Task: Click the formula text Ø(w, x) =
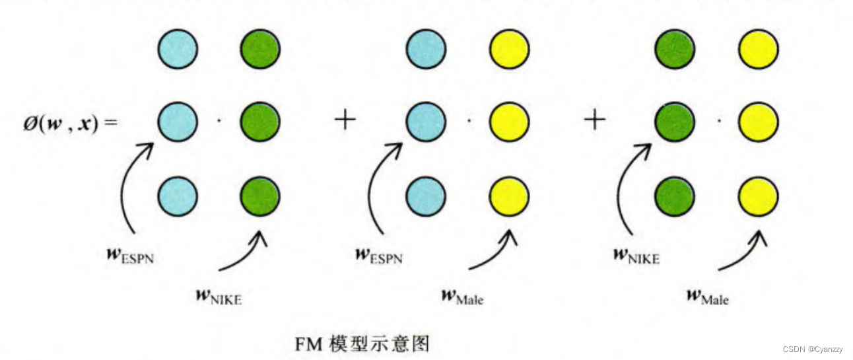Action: tap(70, 124)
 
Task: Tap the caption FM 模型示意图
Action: tap(362, 343)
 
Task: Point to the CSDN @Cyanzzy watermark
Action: tap(813, 348)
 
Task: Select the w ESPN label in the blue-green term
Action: tap(130, 255)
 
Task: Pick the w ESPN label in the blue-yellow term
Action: tap(378, 255)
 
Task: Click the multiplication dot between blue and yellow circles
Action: tap(468, 122)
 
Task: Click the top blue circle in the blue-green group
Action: tap(178, 50)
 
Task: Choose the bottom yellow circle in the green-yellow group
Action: tap(758, 196)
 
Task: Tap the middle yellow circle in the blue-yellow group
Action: tap(509, 122)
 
